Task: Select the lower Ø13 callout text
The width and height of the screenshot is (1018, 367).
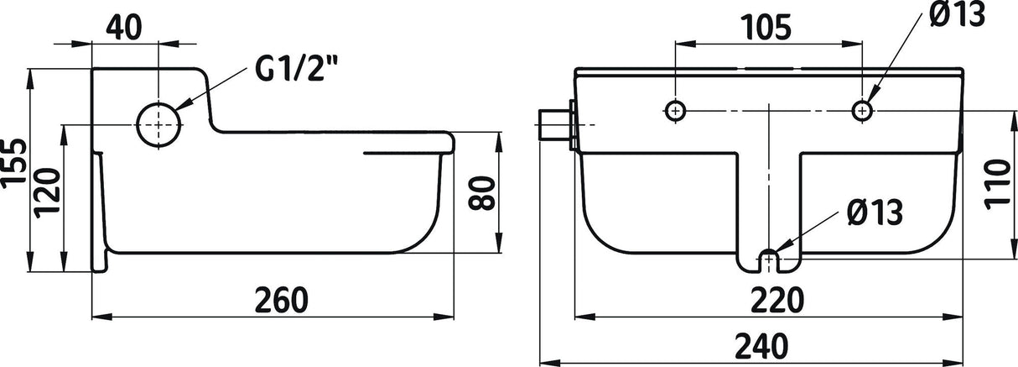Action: pos(874,213)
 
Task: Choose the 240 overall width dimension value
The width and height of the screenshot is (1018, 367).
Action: pos(766,344)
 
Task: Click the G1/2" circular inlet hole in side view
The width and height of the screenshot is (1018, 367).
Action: pos(158,124)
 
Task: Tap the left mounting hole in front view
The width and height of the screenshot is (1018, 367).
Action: pos(675,109)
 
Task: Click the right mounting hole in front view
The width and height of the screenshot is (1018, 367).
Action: pos(861,109)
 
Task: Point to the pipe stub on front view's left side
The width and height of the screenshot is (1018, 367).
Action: pos(553,124)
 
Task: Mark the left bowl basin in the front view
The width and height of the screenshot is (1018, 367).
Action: pos(662,202)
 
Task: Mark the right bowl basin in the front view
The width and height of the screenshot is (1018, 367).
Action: pos(876,202)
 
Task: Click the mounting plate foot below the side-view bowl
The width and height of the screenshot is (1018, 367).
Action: pos(99,260)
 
